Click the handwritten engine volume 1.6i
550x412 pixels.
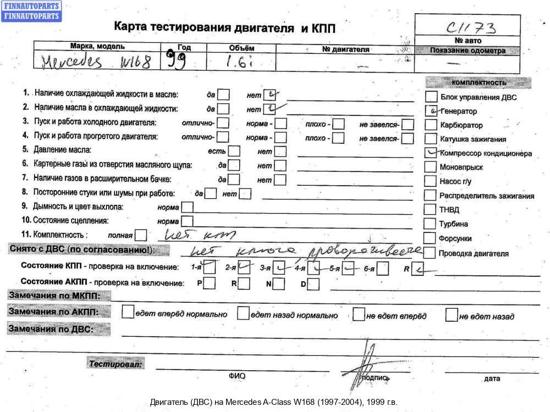tap(240, 61)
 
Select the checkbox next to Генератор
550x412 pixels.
tap(432, 110)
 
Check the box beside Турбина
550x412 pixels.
tap(430, 224)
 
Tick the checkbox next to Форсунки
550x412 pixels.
tap(430, 238)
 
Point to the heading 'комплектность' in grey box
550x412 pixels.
tap(478, 82)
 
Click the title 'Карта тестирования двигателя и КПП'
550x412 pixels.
tap(224, 27)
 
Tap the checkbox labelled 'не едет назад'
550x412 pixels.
tap(452, 315)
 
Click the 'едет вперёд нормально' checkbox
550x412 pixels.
tap(128, 313)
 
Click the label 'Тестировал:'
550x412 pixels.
tap(116, 364)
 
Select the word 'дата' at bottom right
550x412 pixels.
tap(492, 378)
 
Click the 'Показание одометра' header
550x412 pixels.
tap(468, 51)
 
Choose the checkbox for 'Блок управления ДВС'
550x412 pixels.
tap(432, 97)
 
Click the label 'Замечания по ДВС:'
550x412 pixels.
tap(51, 330)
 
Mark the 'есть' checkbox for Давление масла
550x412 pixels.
tap(234, 151)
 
